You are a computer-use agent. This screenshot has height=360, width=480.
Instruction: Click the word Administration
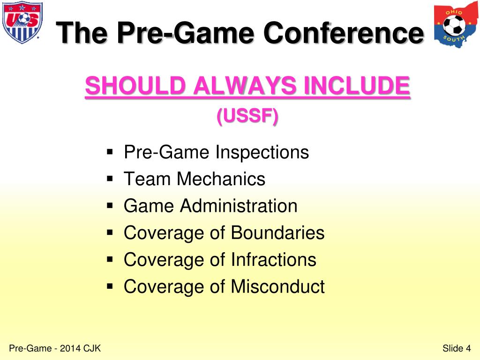click(x=239, y=206)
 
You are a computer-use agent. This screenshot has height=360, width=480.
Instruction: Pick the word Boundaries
click(x=277, y=233)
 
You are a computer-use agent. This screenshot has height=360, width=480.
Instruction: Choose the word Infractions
click(x=273, y=260)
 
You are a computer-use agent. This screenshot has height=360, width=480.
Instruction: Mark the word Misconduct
click(x=277, y=286)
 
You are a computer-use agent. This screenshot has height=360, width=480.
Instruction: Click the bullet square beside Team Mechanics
click(x=110, y=179)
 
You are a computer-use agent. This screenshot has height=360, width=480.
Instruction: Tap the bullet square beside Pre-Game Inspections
click(x=110, y=152)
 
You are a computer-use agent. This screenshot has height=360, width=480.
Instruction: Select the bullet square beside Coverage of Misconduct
click(x=110, y=286)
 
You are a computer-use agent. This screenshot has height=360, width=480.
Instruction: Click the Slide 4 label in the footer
click(x=456, y=348)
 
